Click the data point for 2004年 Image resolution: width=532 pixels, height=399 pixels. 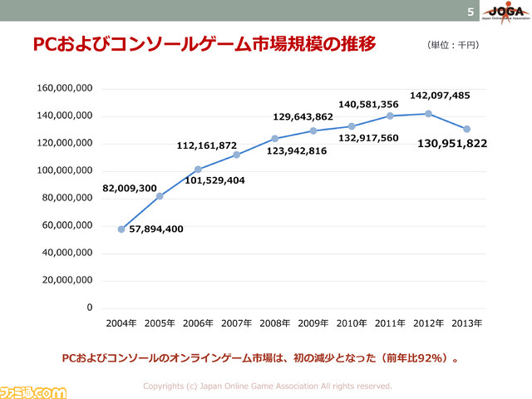point(121,229)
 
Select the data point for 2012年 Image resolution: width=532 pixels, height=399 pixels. point(428,113)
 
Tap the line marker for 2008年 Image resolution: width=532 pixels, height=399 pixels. point(274,138)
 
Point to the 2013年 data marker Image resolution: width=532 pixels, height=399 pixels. point(466,129)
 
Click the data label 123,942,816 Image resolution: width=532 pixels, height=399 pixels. point(297,151)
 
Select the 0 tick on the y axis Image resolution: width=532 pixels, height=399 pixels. point(88,308)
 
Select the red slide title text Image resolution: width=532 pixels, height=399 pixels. point(203,44)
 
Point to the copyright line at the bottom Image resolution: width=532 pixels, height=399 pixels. point(267,386)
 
